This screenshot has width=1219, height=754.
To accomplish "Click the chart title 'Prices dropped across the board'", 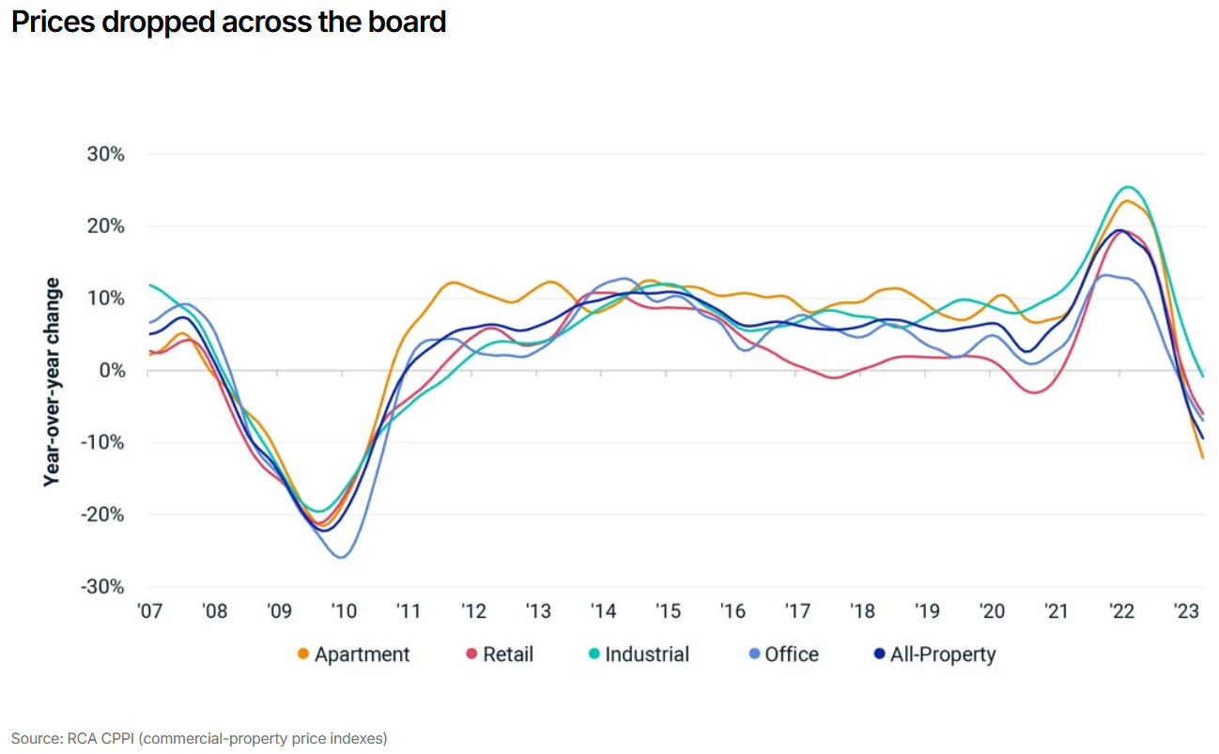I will [x=228, y=22].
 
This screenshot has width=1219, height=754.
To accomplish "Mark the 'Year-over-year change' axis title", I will [x=53, y=381].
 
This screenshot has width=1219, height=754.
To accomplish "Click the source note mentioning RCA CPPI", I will [x=199, y=738].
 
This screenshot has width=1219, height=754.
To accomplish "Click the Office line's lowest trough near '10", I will [x=341, y=558].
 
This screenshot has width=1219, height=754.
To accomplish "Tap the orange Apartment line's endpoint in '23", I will [x=1203, y=458].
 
